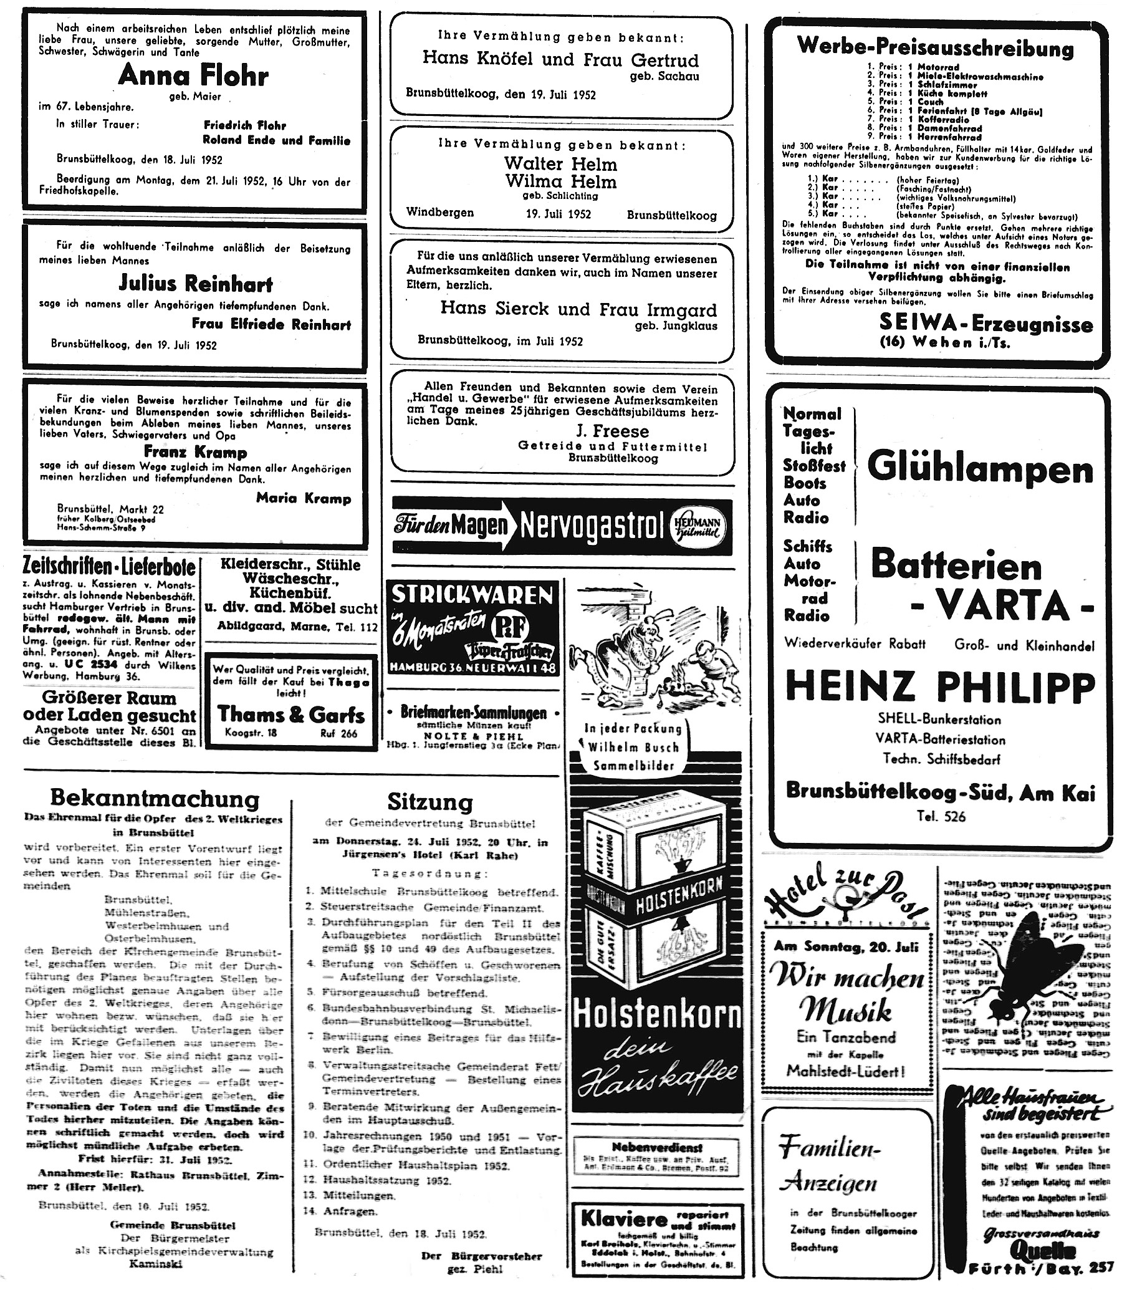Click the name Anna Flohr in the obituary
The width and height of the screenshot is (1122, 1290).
point(193,76)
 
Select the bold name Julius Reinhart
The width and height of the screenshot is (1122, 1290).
point(196,284)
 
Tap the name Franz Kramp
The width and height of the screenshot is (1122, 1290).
point(195,451)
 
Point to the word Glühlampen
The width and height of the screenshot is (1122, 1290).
point(981,469)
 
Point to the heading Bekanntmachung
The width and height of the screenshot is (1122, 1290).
point(154,799)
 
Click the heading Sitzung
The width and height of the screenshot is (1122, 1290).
point(430,802)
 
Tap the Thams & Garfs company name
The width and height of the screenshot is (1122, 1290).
point(290,714)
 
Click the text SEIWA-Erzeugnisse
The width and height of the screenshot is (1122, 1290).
point(985,324)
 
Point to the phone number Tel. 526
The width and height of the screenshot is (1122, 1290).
point(940,816)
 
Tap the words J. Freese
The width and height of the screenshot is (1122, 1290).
point(611,431)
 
